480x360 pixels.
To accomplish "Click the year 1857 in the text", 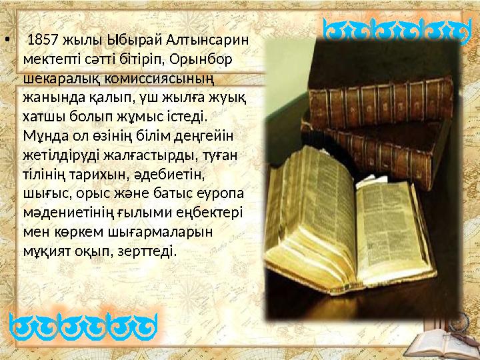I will [43, 39].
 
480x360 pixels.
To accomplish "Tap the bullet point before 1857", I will [7, 39].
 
